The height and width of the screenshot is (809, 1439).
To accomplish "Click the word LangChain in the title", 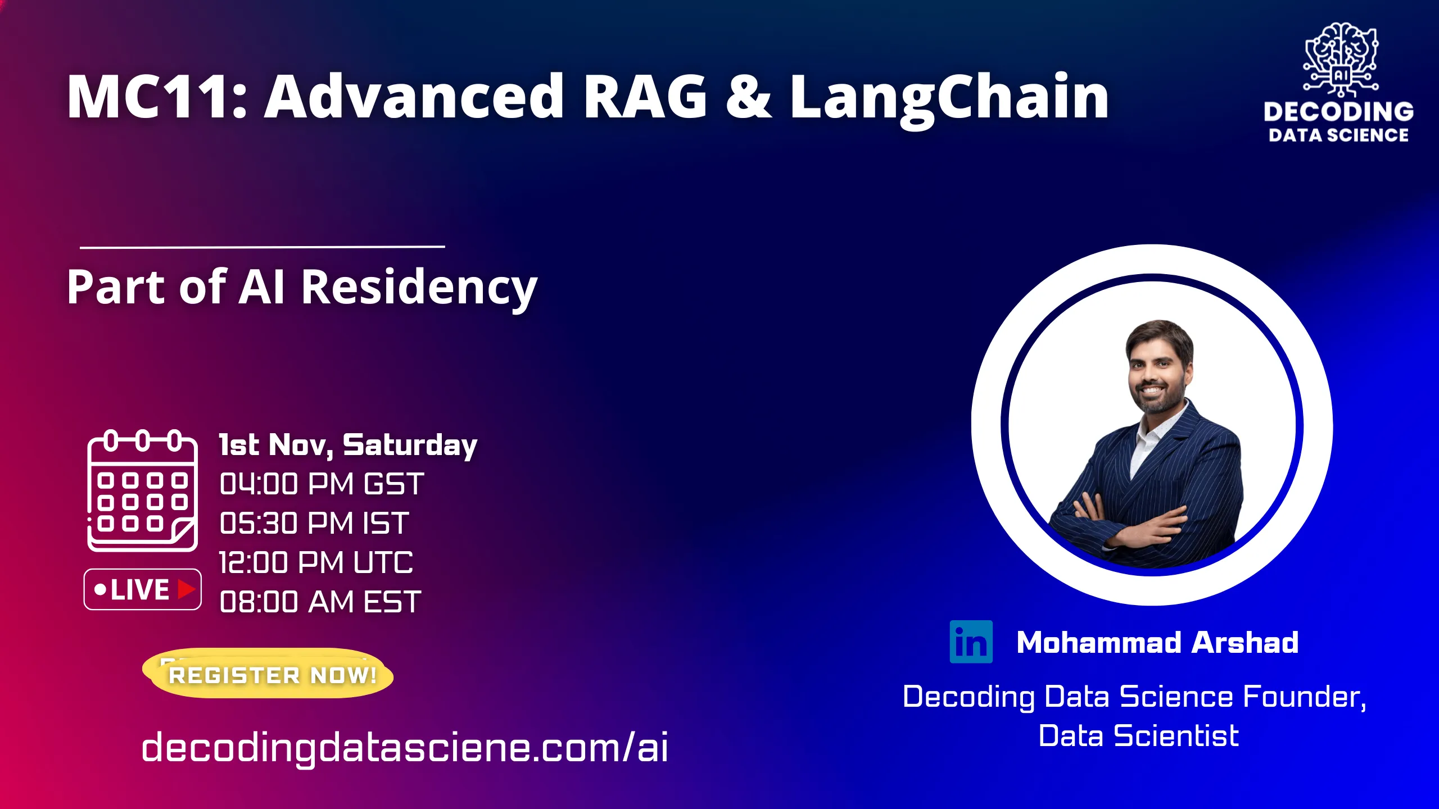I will (949, 97).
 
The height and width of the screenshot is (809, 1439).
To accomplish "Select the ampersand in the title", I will (748, 97).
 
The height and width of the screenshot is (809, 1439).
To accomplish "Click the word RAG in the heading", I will (645, 97).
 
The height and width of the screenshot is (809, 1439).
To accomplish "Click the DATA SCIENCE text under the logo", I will (1338, 135).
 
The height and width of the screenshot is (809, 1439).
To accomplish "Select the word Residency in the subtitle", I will (419, 288).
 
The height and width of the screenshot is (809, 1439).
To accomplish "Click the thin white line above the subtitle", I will (262, 246).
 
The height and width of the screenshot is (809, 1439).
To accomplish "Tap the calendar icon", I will (142, 490).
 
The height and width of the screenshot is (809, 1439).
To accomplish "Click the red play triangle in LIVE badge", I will (186, 589).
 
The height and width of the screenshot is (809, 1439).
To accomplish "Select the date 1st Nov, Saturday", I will (348, 445).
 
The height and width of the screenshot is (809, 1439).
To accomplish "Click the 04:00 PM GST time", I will (322, 484).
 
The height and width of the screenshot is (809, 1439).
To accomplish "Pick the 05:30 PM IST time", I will (314, 524).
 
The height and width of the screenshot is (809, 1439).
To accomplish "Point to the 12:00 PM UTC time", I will (316, 562).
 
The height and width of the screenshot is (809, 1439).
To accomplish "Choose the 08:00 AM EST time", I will (320, 602).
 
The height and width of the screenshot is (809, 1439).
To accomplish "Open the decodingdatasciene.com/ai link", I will (405, 747).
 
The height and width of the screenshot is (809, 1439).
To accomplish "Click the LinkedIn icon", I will (971, 642).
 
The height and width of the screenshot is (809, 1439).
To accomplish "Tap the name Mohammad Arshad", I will (1157, 642).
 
